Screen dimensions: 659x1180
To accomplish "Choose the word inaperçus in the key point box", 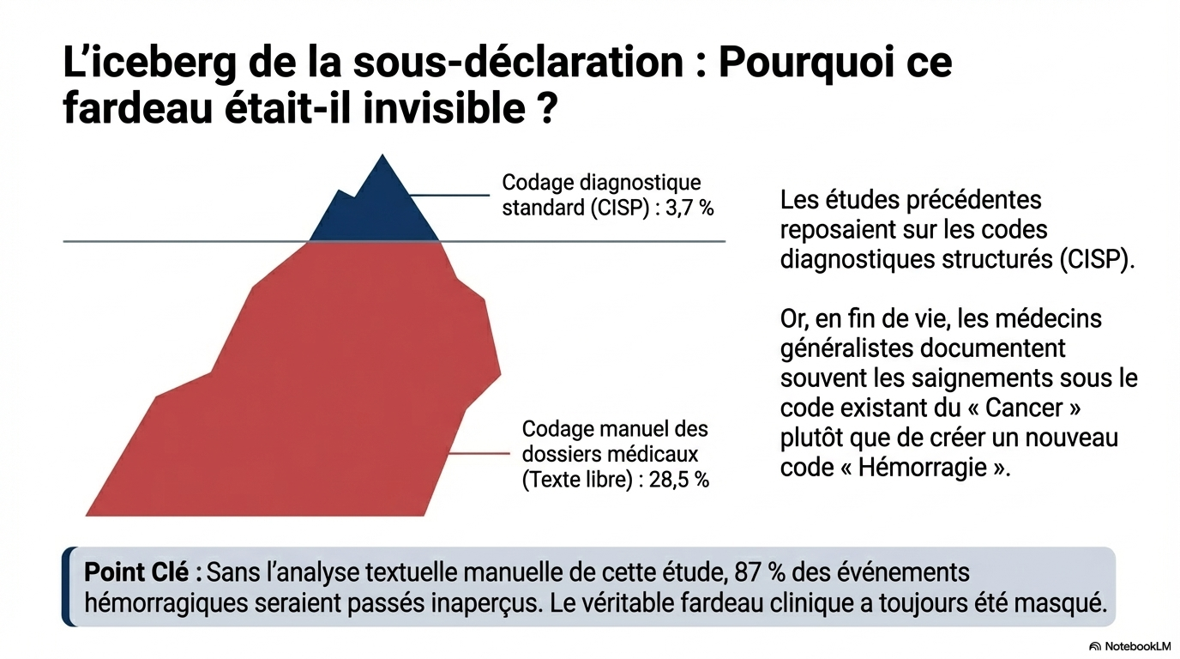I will click(x=484, y=602).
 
